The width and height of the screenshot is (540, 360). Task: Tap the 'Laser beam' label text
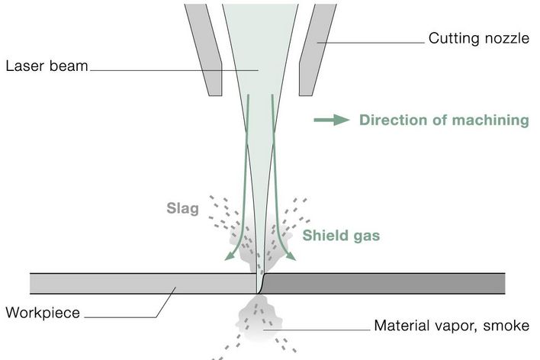[47, 65]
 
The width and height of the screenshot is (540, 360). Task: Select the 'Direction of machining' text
[444, 120]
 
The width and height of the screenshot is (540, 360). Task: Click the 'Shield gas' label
[341, 235]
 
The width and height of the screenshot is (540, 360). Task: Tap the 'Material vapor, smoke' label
[451, 326]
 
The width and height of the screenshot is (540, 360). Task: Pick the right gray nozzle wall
[317, 46]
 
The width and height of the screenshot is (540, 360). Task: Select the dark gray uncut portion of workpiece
[381, 283]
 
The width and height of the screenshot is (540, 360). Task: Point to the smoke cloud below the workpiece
[259, 320]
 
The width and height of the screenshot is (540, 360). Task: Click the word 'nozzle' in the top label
[504, 37]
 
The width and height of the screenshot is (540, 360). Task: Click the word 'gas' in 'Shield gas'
[365, 235]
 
